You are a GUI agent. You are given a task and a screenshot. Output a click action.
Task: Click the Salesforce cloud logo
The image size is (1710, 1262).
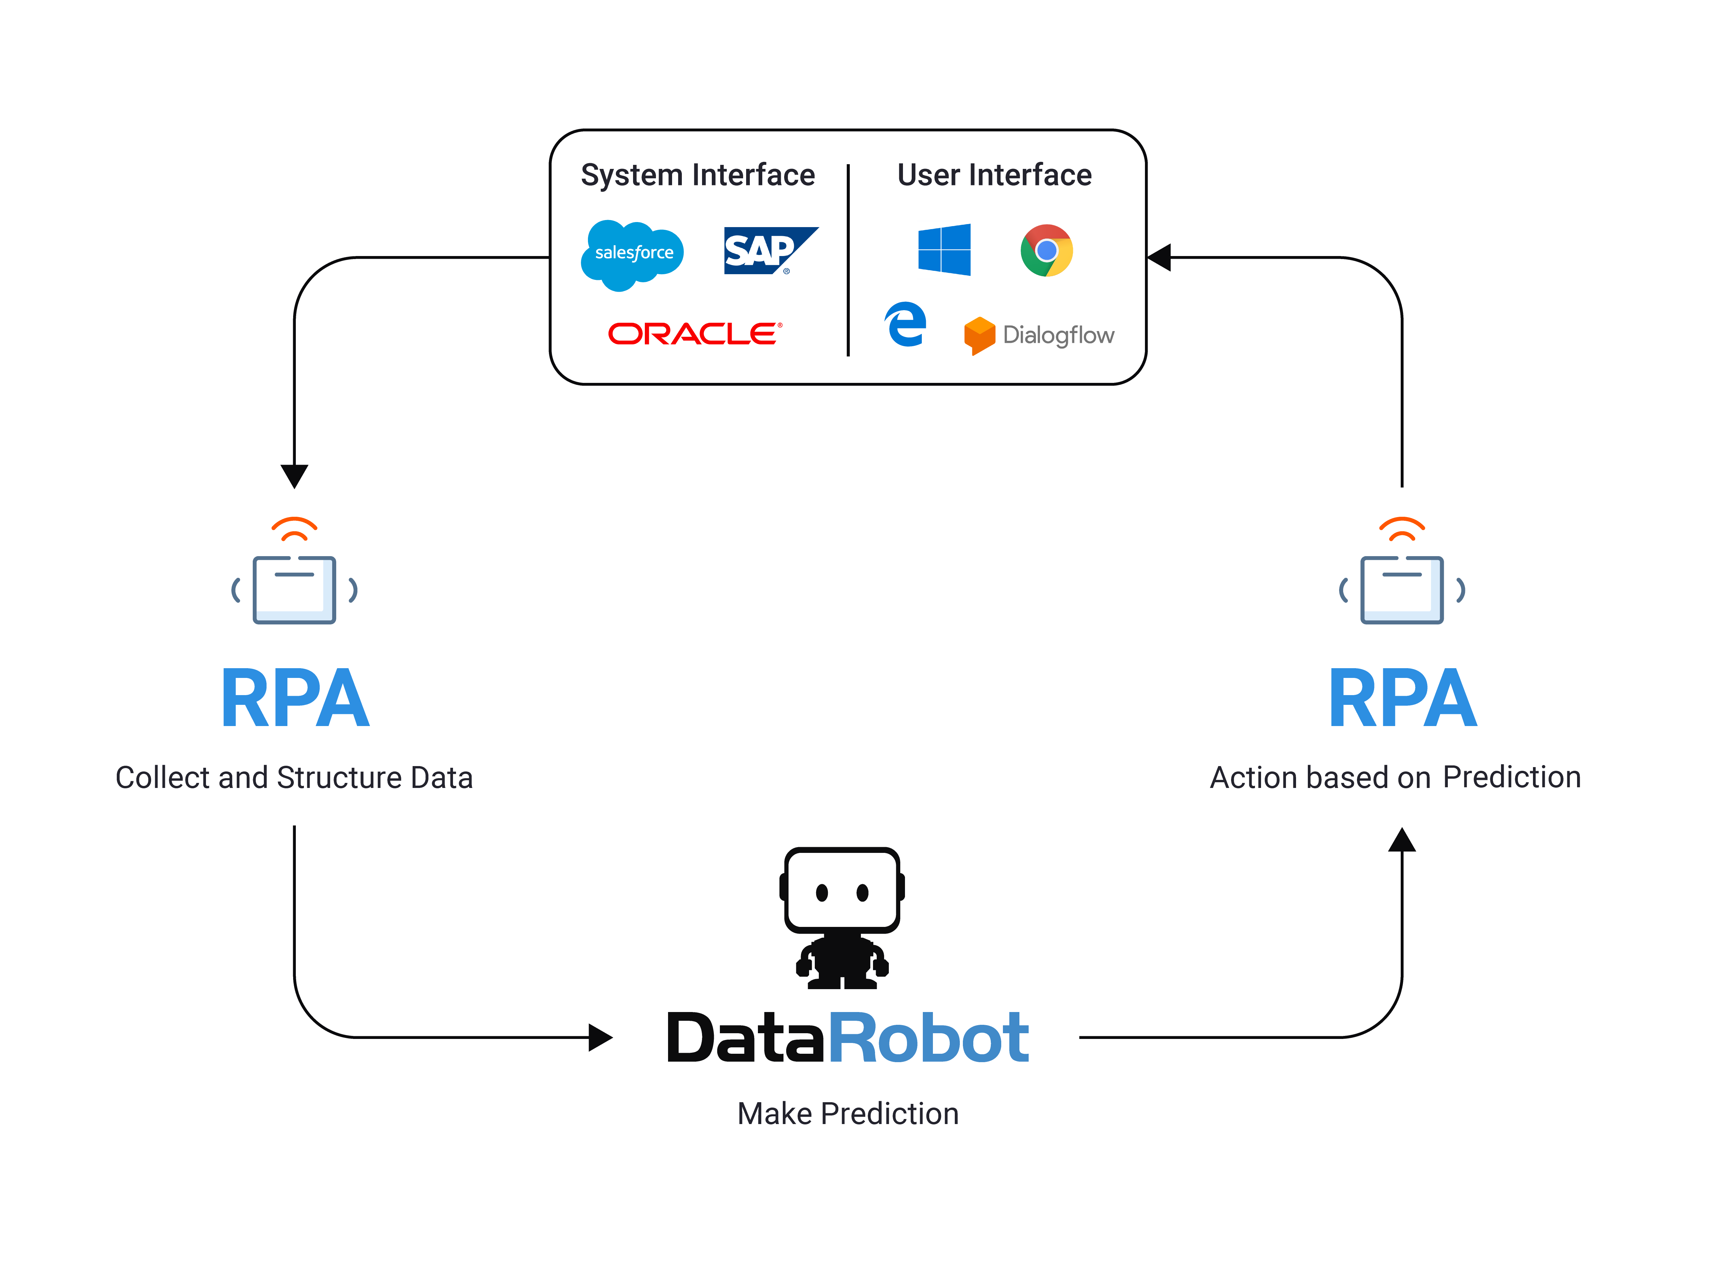pos(633,254)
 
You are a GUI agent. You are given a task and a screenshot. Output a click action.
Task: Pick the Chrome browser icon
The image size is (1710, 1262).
pos(1047,250)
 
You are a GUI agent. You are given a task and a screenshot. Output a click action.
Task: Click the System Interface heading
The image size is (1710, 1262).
pos(698,175)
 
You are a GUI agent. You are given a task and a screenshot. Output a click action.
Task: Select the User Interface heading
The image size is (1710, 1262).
pos(994,175)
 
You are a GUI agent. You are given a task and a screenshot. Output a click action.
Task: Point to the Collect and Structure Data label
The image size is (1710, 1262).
pos(294,778)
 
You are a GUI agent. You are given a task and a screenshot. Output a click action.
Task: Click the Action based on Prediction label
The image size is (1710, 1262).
pos(1395,778)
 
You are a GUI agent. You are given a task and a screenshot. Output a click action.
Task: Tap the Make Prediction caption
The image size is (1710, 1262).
pos(847,1114)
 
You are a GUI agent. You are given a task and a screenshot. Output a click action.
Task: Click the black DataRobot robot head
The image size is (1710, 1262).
pos(842,891)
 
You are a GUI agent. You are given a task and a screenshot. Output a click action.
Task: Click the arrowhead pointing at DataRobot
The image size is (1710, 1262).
pos(600,1037)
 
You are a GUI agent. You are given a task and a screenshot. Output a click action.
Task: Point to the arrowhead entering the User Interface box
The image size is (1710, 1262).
pos(1160,257)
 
